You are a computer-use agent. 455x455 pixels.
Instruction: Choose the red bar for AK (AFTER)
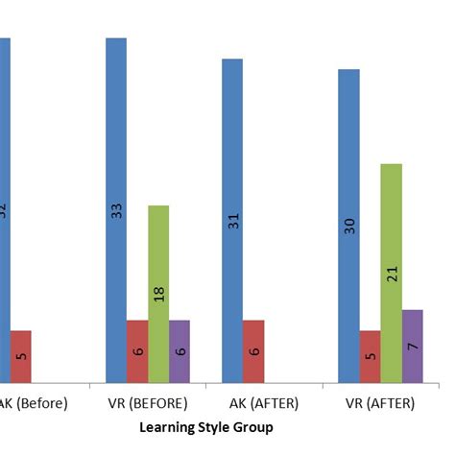(x=253, y=351)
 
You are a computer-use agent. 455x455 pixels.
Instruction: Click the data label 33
(x=116, y=210)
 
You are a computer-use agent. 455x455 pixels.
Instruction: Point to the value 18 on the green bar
(x=158, y=293)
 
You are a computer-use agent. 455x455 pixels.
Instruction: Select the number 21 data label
(x=391, y=274)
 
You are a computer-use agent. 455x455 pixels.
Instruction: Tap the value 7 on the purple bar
(x=412, y=345)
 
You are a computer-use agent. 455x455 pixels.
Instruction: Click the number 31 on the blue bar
(x=232, y=220)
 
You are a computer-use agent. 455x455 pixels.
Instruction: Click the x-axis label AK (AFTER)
(x=263, y=403)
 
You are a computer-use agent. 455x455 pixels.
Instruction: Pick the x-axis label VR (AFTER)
(x=379, y=403)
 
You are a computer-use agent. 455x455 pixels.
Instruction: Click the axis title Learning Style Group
(x=206, y=427)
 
